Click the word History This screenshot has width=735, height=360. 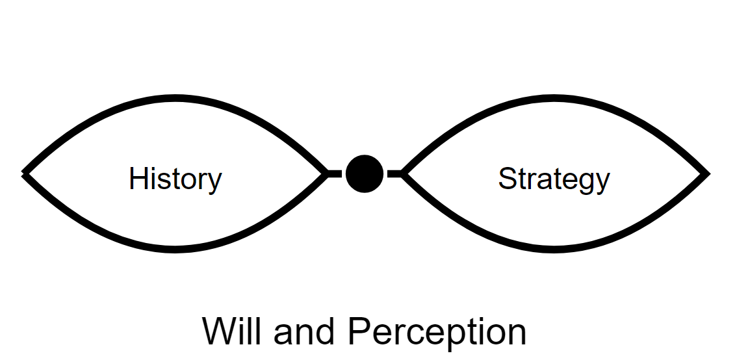pyautogui.click(x=175, y=179)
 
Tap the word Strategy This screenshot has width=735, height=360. pyautogui.click(x=554, y=179)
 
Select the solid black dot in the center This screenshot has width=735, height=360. pyautogui.click(x=364, y=174)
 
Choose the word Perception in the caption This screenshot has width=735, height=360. pyautogui.click(x=437, y=333)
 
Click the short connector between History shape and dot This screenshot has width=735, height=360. pyautogui.click(x=334, y=174)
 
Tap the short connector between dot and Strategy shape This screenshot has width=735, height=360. pyautogui.click(x=394, y=174)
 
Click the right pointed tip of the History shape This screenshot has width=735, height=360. pyautogui.click(x=326, y=174)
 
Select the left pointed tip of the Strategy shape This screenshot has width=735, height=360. pyautogui.click(x=404, y=174)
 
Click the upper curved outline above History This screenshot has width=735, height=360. pyautogui.click(x=175, y=99)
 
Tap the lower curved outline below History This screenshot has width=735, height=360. pyautogui.click(x=175, y=248)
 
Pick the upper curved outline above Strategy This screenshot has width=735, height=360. pyautogui.click(x=554, y=99)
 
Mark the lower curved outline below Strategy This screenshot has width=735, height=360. pyautogui.click(x=554, y=248)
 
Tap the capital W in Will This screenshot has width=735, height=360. pyautogui.click(x=216, y=331)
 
